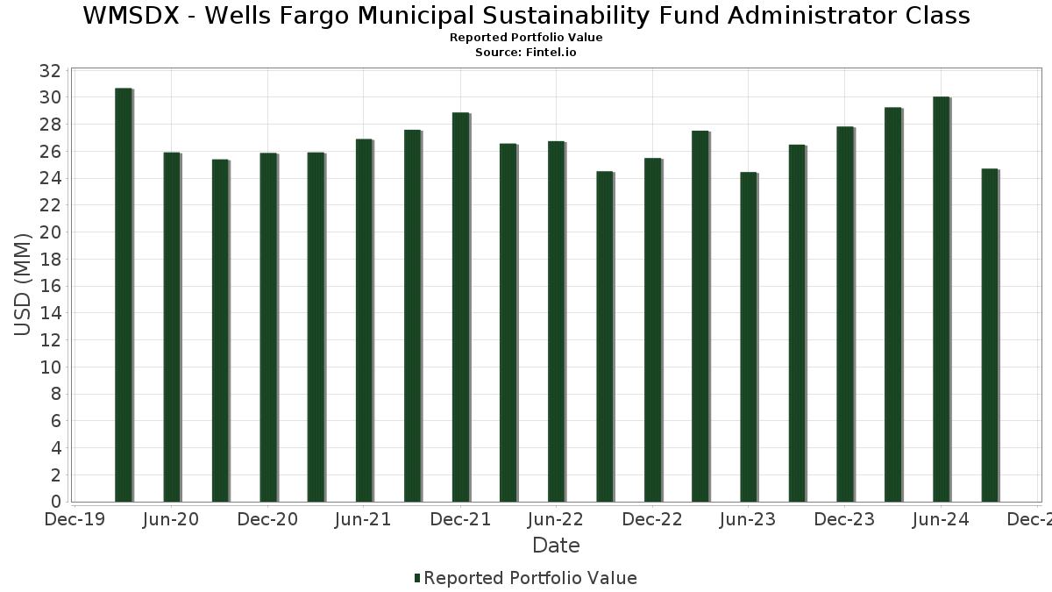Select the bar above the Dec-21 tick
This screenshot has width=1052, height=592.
point(461,307)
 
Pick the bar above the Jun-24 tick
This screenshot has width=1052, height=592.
point(942,299)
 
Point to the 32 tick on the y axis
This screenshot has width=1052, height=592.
point(51,70)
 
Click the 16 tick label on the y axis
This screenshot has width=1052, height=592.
point(51,286)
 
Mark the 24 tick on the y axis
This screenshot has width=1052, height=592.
point(51,178)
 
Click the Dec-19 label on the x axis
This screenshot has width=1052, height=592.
point(75,520)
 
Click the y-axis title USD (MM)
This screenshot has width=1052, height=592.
point(24,284)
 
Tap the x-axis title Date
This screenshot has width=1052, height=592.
point(556,546)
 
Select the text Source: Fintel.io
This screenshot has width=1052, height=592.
point(526,53)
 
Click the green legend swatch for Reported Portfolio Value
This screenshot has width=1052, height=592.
point(417,578)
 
